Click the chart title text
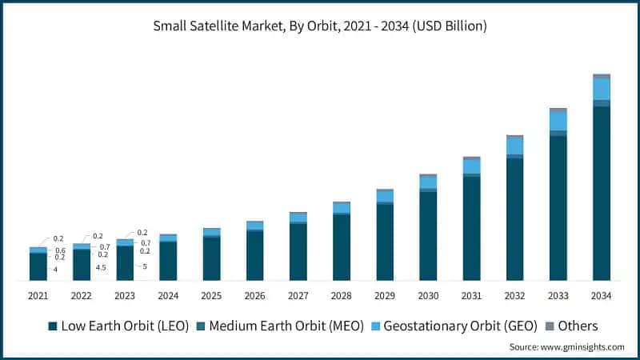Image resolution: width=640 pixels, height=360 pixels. pyautogui.click(x=320, y=26)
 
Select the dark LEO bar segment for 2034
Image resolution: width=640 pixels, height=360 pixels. pyautogui.click(x=602, y=192)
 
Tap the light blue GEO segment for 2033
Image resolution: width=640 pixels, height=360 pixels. pyautogui.click(x=558, y=120)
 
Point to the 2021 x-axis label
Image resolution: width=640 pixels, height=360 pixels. pyautogui.click(x=38, y=295)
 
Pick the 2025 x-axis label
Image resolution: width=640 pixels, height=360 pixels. pyautogui.click(x=212, y=295)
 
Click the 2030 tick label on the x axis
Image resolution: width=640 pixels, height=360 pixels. pyautogui.click(x=428, y=295)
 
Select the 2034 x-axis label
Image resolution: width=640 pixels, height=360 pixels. pyautogui.click(x=602, y=295)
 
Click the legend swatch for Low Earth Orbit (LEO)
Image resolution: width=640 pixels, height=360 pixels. pyautogui.click(x=53, y=326)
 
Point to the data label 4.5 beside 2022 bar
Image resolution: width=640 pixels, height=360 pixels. pyautogui.click(x=101, y=268)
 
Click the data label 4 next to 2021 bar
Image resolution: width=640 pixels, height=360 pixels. pyautogui.click(x=55, y=270)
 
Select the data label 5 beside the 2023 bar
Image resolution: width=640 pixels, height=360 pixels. pyautogui.click(x=145, y=266)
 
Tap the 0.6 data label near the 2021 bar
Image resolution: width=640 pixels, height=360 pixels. pyautogui.click(x=60, y=250)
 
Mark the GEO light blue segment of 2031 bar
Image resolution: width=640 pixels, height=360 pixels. pyautogui.click(x=472, y=166)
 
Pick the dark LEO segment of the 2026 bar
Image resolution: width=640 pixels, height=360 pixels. pyautogui.click(x=255, y=255)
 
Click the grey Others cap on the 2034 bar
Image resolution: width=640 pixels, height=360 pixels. pyautogui.click(x=602, y=76)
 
